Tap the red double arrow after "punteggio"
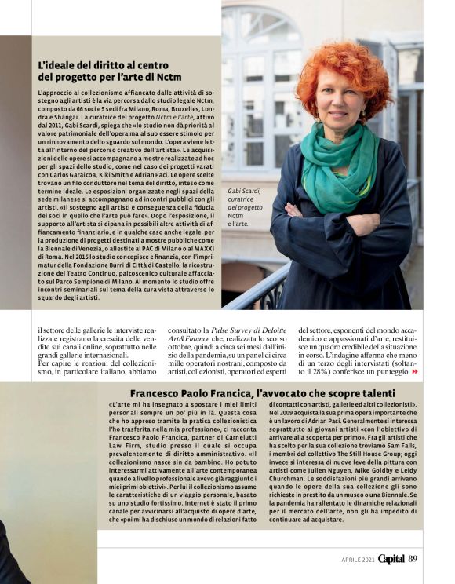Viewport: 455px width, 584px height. pos(416,371)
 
